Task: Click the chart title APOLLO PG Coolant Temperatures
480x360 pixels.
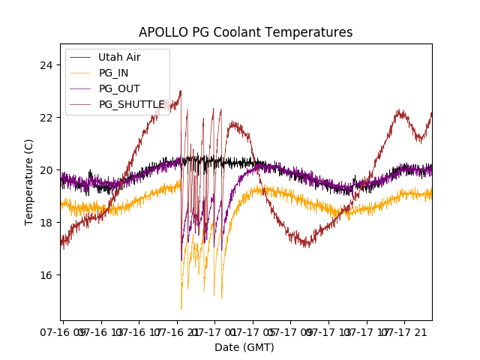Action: (245, 32)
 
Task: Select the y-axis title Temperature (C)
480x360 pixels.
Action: (29, 181)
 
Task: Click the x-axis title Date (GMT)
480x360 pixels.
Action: (244, 347)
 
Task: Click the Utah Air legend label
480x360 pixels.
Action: (119, 57)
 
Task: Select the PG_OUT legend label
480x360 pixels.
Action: (119, 88)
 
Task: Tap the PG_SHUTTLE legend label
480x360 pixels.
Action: (131, 104)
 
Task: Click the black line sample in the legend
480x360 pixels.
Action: (80, 57)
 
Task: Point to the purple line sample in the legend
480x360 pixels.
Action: (80, 88)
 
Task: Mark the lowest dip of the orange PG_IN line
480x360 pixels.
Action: (181, 308)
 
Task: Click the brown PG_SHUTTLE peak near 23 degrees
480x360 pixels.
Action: (180, 91)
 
